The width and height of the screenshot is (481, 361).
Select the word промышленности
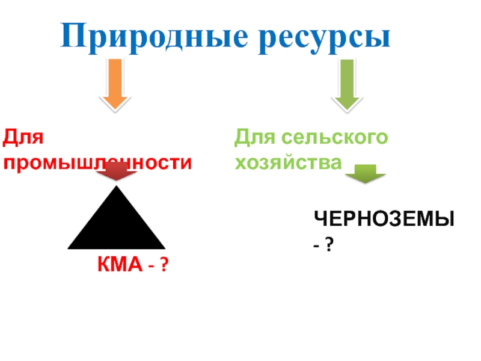(x=98, y=162)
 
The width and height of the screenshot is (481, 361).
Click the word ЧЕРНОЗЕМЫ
(x=383, y=220)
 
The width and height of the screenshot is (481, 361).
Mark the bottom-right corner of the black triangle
(x=163, y=247)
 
